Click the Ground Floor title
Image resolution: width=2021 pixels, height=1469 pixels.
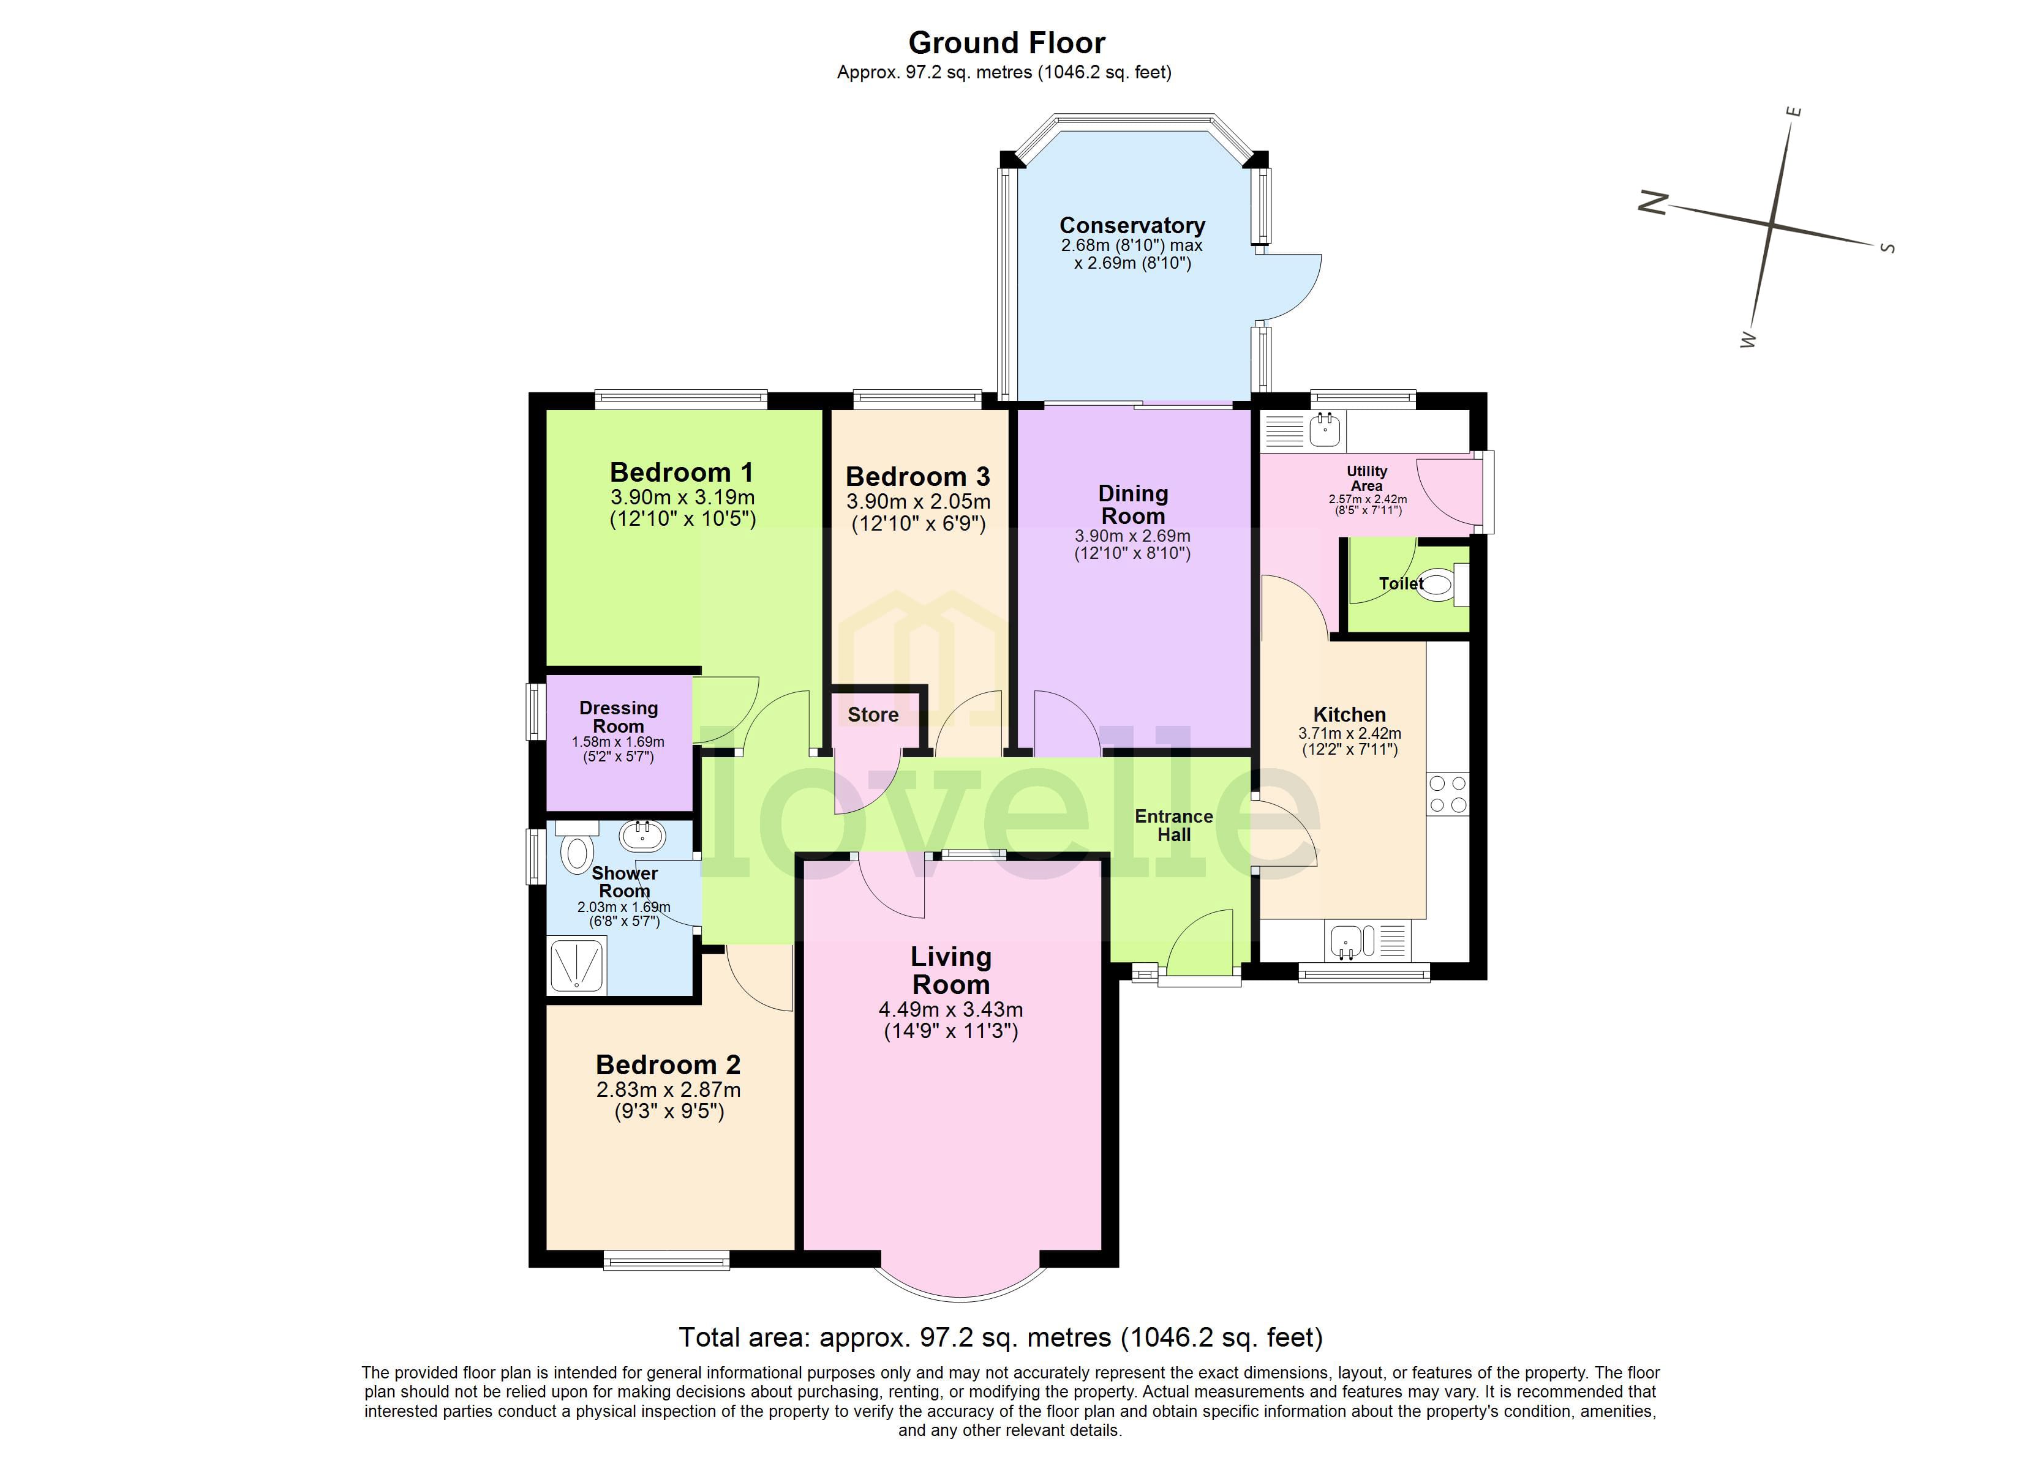pos(1006,43)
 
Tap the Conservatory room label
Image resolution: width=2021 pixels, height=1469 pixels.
pos(1132,225)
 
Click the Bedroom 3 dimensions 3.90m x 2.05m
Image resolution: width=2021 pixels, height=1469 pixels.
pos(918,501)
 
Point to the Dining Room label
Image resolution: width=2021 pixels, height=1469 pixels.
pos(1132,504)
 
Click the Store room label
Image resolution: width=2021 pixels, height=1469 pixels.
pos(872,714)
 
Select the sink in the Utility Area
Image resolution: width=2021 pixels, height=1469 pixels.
pos(1325,430)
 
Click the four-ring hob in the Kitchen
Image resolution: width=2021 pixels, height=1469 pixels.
pos(1447,794)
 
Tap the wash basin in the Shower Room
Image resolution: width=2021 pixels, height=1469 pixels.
pos(642,835)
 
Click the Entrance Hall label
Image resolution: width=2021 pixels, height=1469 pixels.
pos(1173,825)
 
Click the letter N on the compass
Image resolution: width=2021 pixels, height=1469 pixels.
pos(1653,203)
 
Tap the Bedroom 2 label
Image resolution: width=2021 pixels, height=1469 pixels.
pos(668,1064)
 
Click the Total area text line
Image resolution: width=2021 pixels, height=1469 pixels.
pos(1000,1337)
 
